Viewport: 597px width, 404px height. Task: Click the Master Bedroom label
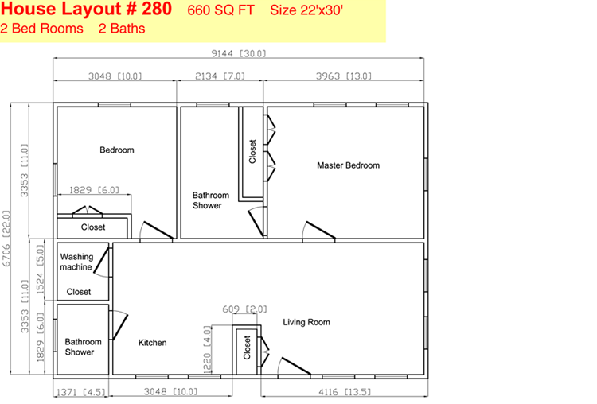tap(348, 165)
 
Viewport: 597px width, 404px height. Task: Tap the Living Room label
tap(306, 322)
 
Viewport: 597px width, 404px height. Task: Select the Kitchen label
tap(152, 343)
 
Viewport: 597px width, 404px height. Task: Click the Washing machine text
tap(76, 262)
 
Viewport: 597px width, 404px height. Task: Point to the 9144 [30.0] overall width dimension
tap(239, 53)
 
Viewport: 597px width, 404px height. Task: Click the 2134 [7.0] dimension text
tap(220, 76)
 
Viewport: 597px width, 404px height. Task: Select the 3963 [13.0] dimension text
tap(343, 76)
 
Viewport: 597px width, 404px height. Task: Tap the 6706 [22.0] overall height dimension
tap(6, 239)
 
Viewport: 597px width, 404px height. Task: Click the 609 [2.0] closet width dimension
tap(245, 309)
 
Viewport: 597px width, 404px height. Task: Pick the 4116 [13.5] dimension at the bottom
tap(345, 392)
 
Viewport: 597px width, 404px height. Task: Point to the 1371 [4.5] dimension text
tap(80, 392)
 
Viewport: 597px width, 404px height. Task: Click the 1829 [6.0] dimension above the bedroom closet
tap(94, 189)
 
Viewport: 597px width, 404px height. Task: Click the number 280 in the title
tap(157, 9)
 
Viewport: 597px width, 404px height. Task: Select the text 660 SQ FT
tap(220, 10)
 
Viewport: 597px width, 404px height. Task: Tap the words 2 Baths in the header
tap(122, 29)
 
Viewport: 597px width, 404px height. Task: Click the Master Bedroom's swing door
tap(319, 231)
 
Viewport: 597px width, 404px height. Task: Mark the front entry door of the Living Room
tap(295, 367)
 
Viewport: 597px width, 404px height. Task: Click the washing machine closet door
tap(102, 262)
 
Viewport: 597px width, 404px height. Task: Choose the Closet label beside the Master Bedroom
tap(252, 151)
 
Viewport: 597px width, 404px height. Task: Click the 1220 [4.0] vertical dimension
tap(207, 350)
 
